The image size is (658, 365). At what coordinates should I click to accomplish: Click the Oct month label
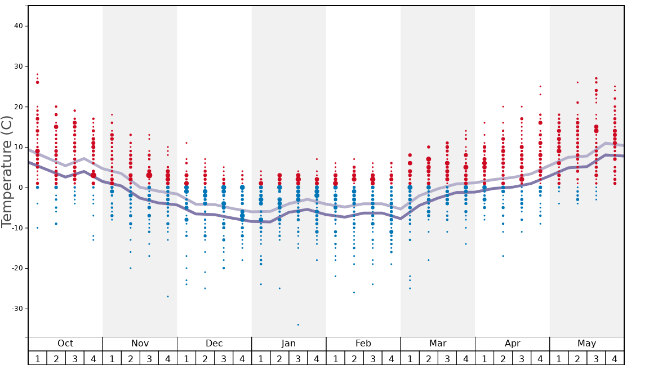[65, 344]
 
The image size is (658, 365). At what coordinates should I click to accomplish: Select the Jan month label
[288, 344]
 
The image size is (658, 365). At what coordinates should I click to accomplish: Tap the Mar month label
[438, 344]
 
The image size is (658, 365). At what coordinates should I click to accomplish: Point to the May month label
[586, 344]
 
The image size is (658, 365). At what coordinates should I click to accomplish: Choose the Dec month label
[214, 344]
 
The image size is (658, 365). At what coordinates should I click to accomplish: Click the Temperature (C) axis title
[7, 172]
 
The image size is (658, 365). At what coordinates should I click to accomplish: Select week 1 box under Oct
[37, 358]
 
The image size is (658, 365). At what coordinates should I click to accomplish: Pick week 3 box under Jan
[298, 358]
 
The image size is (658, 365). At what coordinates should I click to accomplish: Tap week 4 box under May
[615, 358]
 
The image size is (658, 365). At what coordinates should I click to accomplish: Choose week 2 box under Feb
[354, 358]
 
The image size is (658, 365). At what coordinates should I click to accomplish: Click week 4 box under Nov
[167, 358]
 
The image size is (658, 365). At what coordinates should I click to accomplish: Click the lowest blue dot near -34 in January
[298, 324]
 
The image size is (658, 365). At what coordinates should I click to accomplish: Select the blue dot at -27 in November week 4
[167, 296]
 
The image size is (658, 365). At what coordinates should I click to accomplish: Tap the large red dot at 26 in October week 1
[37, 82]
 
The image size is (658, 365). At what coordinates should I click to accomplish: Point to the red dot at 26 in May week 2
[577, 82]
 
